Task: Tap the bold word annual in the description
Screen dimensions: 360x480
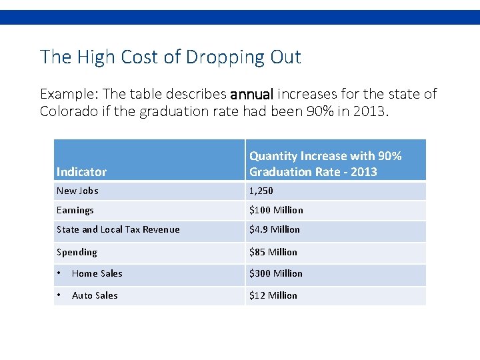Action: [252, 94]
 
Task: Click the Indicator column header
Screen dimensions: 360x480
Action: [81, 172]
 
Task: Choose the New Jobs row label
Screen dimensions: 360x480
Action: [77, 191]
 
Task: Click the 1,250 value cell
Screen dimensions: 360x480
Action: [261, 191]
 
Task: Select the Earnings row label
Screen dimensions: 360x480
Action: [75, 211]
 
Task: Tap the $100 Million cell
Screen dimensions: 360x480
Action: [276, 211]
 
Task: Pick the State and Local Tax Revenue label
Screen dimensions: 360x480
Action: [118, 230]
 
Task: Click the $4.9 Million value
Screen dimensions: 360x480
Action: [274, 230]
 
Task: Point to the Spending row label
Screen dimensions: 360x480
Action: [77, 253]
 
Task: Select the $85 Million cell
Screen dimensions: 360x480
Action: [273, 253]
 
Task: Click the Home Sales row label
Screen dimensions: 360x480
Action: [97, 274]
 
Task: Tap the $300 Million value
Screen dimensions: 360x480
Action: [276, 274]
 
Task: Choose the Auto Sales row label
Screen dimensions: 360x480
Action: [95, 296]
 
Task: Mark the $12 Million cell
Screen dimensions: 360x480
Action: [273, 296]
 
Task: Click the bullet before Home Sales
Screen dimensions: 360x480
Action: [59, 274]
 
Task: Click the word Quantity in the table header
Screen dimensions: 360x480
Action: [273, 156]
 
